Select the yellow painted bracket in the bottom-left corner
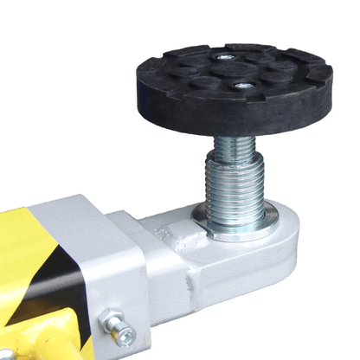coord(35,342)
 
